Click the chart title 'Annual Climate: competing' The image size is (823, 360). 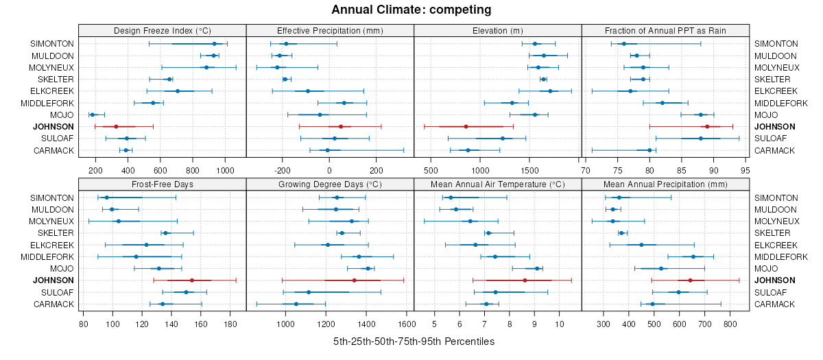point(411,10)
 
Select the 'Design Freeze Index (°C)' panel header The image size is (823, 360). point(162,30)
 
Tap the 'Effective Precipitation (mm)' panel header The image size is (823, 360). point(330,30)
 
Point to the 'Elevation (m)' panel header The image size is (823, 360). point(498,30)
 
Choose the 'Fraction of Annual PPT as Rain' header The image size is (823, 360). point(665,30)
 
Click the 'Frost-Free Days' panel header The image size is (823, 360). point(162,184)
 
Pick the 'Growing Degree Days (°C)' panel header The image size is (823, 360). point(330,184)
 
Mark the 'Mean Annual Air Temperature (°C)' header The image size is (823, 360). point(498,184)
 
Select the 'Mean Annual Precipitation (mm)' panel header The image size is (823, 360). point(665,184)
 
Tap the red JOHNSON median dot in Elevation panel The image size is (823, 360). point(466,127)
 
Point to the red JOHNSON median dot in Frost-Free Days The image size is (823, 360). point(192,280)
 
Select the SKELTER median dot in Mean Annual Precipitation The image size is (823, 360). point(621,233)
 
